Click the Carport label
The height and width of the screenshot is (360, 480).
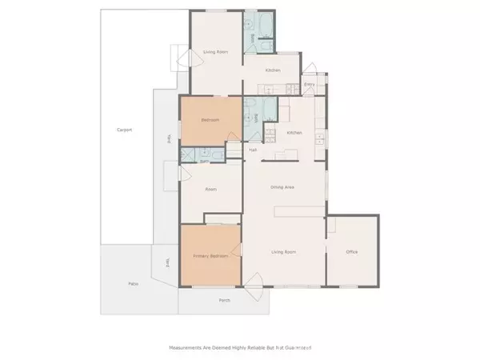pyautogui.click(x=124, y=130)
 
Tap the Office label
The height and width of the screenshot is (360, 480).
pyautogui.click(x=351, y=252)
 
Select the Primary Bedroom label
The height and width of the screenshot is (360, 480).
pyautogui.click(x=210, y=256)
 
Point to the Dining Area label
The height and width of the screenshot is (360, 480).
pyautogui.click(x=282, y=187)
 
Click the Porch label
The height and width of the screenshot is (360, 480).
pyautogui.click(x=225, y=300)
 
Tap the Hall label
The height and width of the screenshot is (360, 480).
pyautogui.click(x=252, y=150)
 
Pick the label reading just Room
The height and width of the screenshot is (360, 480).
pyautogui.click(x=211, y=190)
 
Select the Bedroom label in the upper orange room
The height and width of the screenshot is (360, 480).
pyautogui.click(x=210, y=120)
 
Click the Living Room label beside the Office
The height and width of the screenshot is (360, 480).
pyautogui.click(x=285, y=252)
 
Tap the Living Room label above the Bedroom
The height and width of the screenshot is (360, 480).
pyautogui.click(x=215, y=52)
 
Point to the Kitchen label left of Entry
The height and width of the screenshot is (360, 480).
pyautogui.click(x=273, y=70)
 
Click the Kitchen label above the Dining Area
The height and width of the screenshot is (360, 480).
pyautogui.click(x=294, y=133)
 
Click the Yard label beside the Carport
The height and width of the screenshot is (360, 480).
pyautogui.click(x=169, y=138)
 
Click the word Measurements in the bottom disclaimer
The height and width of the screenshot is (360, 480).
pyautogui.click(x=188, y=347)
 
